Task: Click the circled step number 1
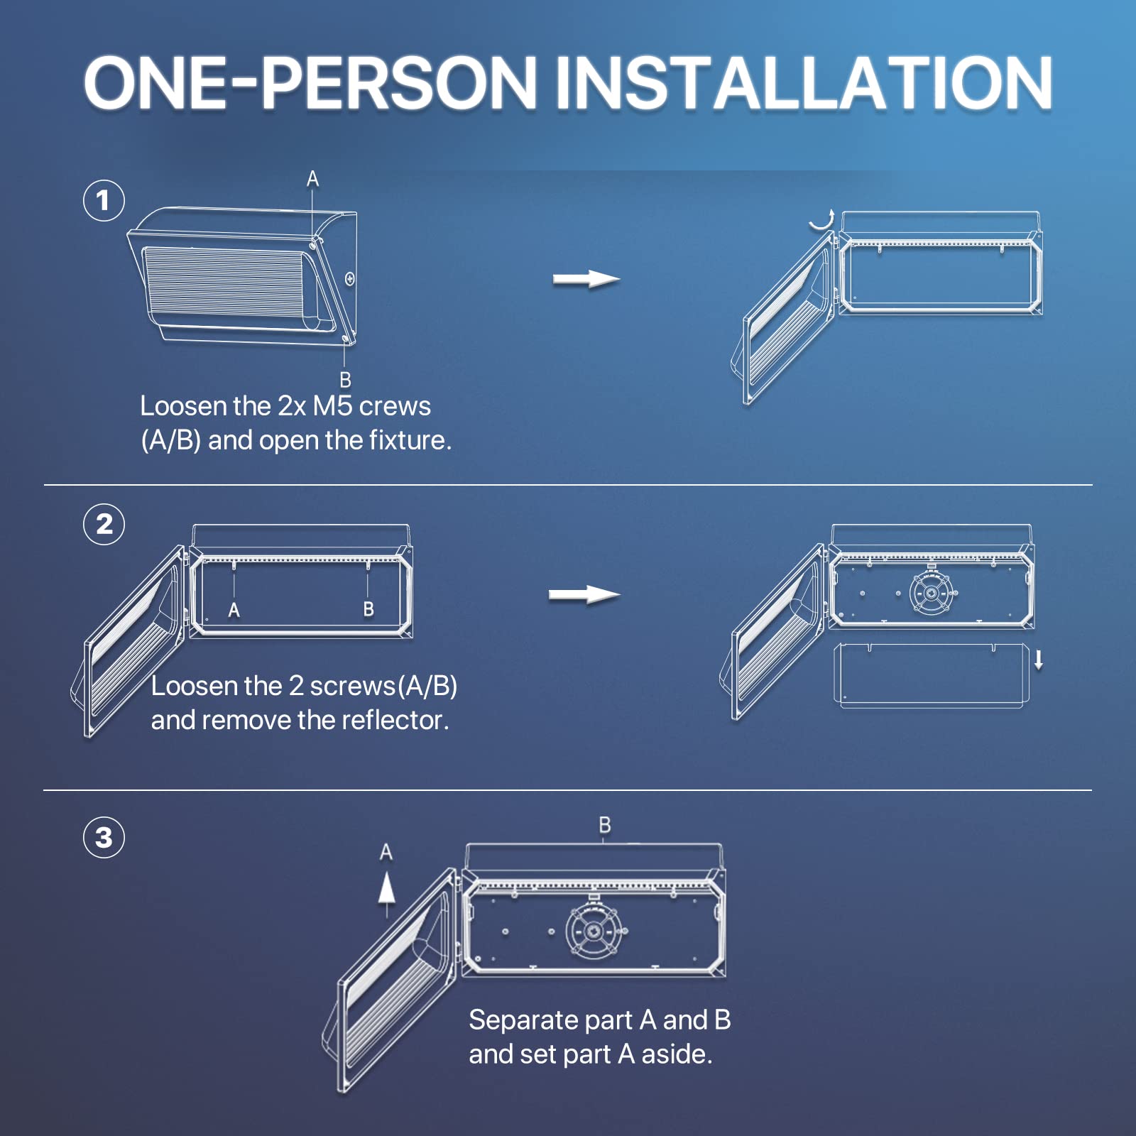click(104, 200)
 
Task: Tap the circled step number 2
click(104, 524)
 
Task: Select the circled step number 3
click(104, 837)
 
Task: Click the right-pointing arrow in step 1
click(586, 279)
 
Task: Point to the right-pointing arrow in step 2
click(584, 594)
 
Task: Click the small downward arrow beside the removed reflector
click(1039, 660)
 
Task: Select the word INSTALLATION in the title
click(804, 83)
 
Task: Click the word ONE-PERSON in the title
click(310, 83)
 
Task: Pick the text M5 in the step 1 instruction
click(332, 406)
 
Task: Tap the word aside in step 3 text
click(677, 1054)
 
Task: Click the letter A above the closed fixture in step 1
click(312, 179)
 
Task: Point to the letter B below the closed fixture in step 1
click(345, 380)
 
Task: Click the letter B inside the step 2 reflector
click(368, 609)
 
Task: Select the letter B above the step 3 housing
click(605, 825)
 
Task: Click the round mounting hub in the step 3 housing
click(594, 931)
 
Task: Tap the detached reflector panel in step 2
click(932, 675)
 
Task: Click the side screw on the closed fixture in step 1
click(350, 279)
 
